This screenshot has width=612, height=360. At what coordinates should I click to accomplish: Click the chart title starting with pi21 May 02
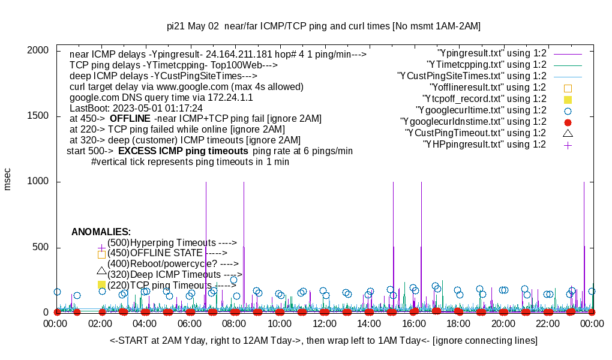(323, 26)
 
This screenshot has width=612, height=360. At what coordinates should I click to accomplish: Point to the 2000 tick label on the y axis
(37, 50)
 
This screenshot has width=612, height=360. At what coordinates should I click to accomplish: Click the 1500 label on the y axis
(37, 116)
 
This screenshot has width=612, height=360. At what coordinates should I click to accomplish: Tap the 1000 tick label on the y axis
(37, 182)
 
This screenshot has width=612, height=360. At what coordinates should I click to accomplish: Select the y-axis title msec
(8, 179)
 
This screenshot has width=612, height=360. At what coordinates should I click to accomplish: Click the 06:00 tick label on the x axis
(190, 324)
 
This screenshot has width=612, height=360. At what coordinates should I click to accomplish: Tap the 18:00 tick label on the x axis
(458, 324)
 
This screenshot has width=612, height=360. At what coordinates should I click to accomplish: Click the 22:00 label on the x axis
(548, 324)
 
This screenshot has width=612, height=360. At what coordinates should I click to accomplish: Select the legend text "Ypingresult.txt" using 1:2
(492, 53)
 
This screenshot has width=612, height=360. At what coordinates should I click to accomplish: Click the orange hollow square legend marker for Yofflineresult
(568, 88)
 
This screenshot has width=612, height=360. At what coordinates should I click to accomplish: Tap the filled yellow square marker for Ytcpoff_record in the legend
(568, 99)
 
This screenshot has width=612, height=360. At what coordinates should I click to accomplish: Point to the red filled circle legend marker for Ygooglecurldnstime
(568, 122)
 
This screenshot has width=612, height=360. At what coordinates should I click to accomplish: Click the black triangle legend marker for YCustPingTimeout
(568, 133)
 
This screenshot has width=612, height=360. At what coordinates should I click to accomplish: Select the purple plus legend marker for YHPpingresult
(568, 145)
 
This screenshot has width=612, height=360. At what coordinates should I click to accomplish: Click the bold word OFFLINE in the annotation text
(130, 119)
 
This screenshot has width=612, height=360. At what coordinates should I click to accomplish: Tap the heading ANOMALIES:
(101, 232)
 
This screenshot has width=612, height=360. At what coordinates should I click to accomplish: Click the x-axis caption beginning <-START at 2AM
(323, 341)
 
